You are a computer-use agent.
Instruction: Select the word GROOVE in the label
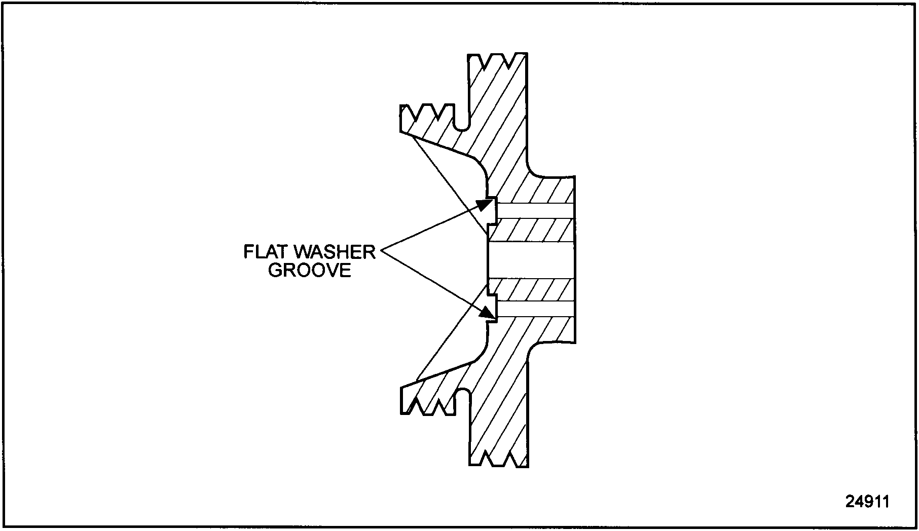coord(309,271)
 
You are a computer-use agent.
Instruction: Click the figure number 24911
coord(867,502)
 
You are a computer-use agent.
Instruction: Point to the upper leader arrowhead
coord(484,205)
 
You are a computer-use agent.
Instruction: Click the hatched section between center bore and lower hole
coord(532,289)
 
